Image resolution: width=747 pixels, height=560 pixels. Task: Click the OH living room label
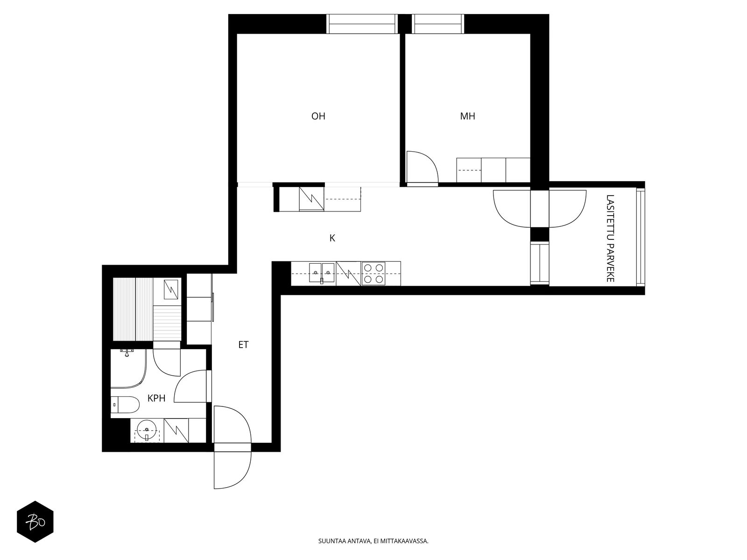click(x=318, y=116)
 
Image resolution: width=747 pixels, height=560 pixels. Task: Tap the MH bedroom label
click(x=468, y=116)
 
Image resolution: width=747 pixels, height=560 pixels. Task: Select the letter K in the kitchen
click(x=332, y=238)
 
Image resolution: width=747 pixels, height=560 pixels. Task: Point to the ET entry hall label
click(x=243, y=345)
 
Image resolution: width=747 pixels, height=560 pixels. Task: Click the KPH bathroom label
click(x=156, y=398)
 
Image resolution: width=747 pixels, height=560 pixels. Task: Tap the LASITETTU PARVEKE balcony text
click(x=610, y=238)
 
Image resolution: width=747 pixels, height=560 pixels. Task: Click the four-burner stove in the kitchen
click(x=373, y=273)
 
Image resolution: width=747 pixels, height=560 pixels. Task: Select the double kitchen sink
click(x=322, y=273)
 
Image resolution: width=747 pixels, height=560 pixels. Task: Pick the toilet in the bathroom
click(x=125, y=405)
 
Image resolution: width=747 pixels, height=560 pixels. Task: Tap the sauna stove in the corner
click(x=171, y=289)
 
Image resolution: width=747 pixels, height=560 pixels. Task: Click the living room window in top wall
click(x=362, y=24)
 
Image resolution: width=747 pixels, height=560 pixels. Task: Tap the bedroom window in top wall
click(x=438, y=24)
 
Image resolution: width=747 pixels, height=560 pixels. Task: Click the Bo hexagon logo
click(x=35, y=522)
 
